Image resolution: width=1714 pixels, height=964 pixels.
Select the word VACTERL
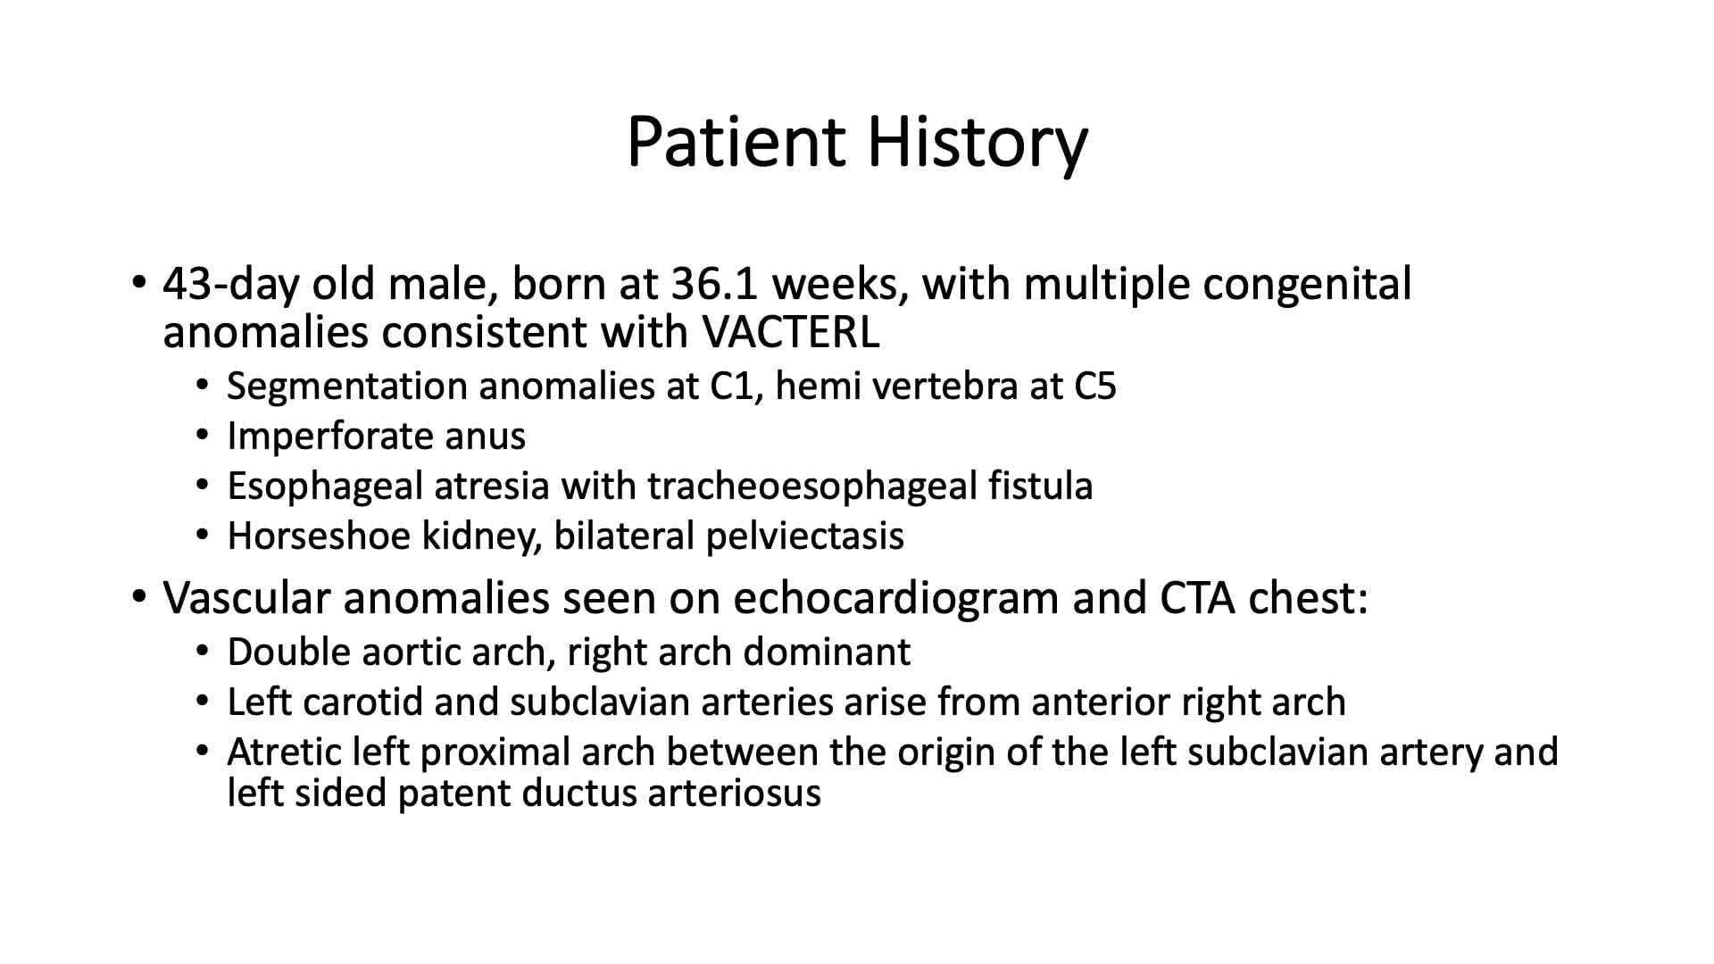tap(791, 332)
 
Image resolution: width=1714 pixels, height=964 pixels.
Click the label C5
tap(1094, 386)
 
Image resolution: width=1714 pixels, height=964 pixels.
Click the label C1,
tap(736, 386)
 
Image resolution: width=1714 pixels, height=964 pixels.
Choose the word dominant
tap(827, 652)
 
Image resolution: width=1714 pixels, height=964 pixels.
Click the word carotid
tap(362, 702)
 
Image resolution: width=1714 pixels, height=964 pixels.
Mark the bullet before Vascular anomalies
tap(138, 596)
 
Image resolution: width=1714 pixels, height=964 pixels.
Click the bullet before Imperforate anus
tap(203, 436)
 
